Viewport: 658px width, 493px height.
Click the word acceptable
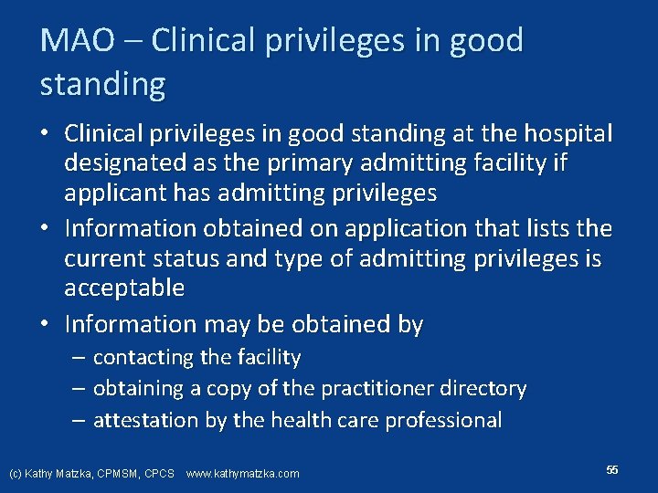click(x=124, y=289)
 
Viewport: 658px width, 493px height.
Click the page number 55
click(x=611, y=469)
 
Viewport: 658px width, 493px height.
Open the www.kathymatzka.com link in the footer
click(x=242, y=474)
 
